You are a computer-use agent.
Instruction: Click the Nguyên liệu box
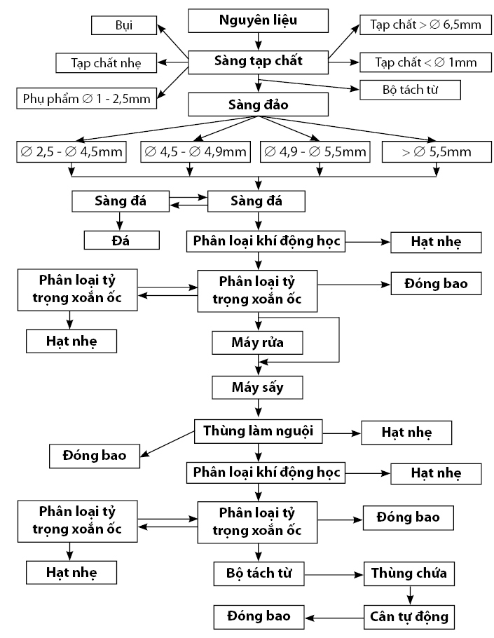click(258, 21)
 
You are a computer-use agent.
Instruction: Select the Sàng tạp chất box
click(258, 62)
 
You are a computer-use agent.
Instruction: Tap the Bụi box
click(124, 25)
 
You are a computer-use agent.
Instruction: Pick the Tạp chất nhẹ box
click(106, 63)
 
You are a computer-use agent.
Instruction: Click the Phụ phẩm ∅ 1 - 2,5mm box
click(87, 98)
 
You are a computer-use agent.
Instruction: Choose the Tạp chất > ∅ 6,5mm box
click(426, 25)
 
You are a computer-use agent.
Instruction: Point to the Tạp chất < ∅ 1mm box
click(426, 62)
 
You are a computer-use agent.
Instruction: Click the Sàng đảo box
click(258, 104)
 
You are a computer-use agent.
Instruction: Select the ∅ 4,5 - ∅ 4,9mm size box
click(195, 151)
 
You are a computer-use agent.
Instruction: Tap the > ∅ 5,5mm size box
click(437, 151)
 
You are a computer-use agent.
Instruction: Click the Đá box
click(121, 240)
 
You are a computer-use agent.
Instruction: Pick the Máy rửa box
click(257, 343)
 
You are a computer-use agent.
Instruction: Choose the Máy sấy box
click(257, 387)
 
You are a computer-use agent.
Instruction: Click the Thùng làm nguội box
click(258, 431)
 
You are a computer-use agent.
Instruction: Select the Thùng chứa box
click(409, 573)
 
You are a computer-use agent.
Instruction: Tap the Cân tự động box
click(409, 617)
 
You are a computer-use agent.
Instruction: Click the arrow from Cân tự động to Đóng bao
click(334, 618)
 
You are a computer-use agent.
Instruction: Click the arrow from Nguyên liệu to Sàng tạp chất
click(259, 41)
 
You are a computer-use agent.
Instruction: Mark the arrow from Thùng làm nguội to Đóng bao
click(167, 444)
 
